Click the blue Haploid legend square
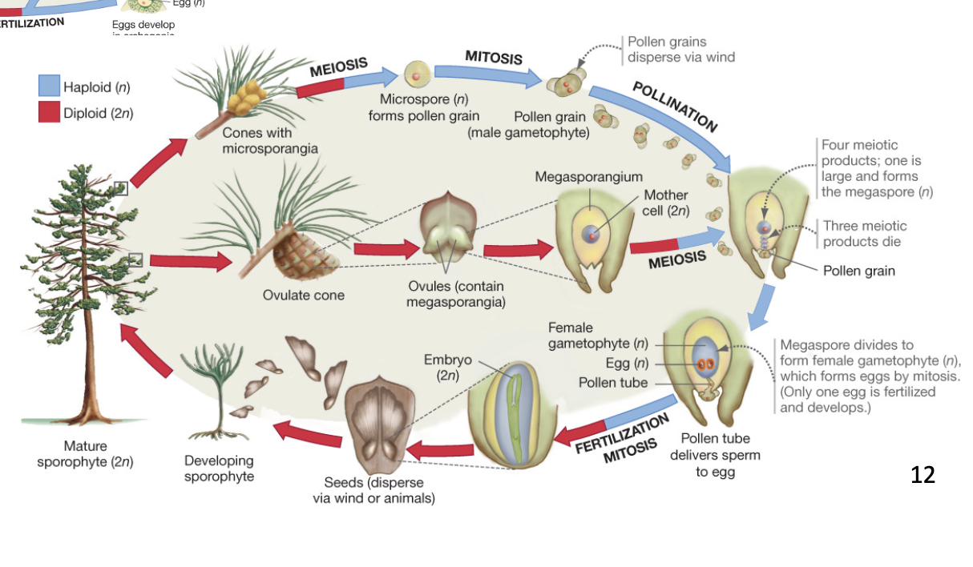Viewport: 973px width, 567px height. point(49,86)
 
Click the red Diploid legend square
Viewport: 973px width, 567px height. point(49,112)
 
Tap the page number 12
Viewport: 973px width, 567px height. point(923,475)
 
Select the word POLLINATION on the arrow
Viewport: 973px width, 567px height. point(675,106)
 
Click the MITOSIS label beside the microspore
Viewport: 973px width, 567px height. point(494,56)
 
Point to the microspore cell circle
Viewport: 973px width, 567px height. point(417,74)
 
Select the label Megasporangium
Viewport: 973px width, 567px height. point(588,176)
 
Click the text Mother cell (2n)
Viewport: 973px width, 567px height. point(665,203)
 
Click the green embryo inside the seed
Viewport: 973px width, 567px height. point(515,408)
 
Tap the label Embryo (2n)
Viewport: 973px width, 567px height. point(447,367)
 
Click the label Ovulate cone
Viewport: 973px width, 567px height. point(303,295)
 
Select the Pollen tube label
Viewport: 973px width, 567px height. point(613,382)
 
